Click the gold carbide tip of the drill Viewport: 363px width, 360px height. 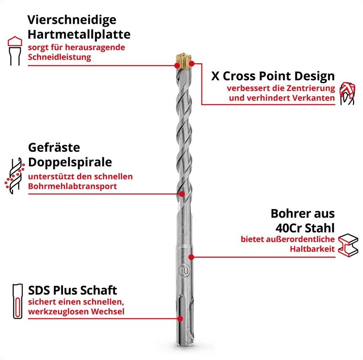click(184, 61)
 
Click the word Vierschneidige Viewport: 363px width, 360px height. click(72, 20)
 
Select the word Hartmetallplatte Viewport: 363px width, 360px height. click(79, 34)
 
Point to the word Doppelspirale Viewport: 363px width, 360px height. click(70, 162)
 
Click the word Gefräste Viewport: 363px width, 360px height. click(54, 147)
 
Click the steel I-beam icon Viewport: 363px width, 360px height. click(348, 245)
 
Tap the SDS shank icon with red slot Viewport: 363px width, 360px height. click(18, 301)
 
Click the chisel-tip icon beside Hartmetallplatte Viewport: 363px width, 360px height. click(15, 51)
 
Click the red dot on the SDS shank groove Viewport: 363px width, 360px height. click(180, 318)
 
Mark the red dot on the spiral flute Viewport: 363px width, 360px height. click(182, 194)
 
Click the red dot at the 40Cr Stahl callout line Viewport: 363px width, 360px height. click(191, 257)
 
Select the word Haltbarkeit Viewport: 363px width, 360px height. click(312, 249)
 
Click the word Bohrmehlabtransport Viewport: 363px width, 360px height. click(72, 186)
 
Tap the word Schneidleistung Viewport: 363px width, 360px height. click(60, 57)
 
